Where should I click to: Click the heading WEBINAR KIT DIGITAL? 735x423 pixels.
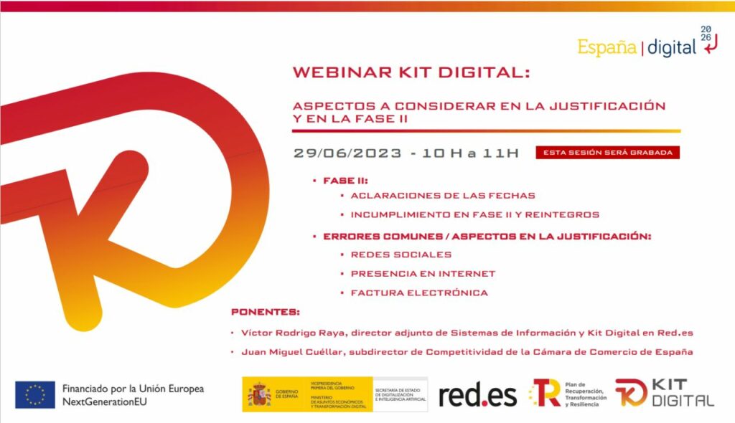point(411,73)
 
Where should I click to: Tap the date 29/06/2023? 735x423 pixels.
point(347,153)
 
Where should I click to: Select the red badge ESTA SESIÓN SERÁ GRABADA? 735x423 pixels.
point(607,153)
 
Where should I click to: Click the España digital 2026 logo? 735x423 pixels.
point(647,44)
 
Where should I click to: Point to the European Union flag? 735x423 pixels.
point(35,394)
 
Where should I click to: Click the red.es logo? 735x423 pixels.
point(477,395)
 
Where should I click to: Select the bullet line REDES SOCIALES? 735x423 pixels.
point(401,255)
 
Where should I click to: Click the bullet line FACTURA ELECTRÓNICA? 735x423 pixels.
point(419,293)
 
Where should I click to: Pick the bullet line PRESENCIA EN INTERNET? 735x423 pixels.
point(423,273)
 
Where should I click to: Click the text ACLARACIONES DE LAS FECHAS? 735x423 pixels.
point(442,196)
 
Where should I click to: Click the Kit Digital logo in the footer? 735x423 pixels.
point(664,394)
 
